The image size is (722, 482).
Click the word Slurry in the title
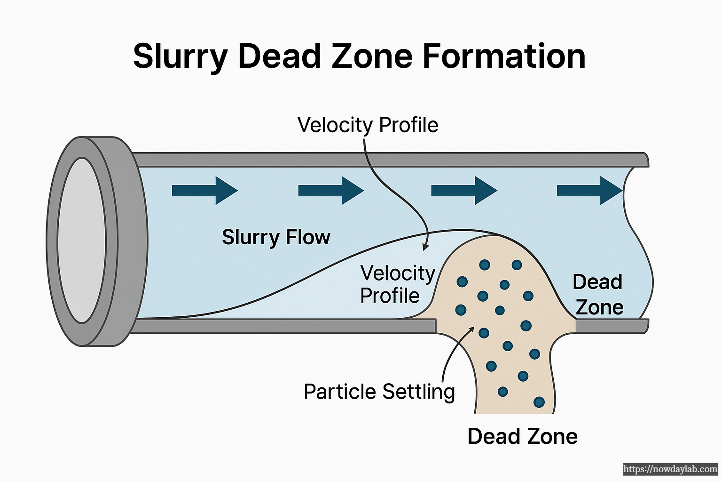pos(180,57)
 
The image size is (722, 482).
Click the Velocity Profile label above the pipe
pos(368,125)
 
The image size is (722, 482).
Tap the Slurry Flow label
pos(276,237)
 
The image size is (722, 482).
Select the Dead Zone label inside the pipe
pos(598,295)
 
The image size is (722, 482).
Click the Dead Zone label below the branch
pos(522,436)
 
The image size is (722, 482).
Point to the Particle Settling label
pos(379,392)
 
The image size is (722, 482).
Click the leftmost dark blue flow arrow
pos(205,190)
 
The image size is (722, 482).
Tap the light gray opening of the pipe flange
pos(82,240)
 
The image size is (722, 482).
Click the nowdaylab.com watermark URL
pos(670,469)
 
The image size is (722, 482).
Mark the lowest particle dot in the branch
pos(539,402)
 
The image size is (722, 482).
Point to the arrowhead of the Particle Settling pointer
pos(471,329)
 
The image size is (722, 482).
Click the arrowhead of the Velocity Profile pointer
pos(425,247)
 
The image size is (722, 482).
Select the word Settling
pos(418,392)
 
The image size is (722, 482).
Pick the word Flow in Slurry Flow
pos(308,237)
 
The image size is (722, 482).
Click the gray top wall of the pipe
pos(390,160)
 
